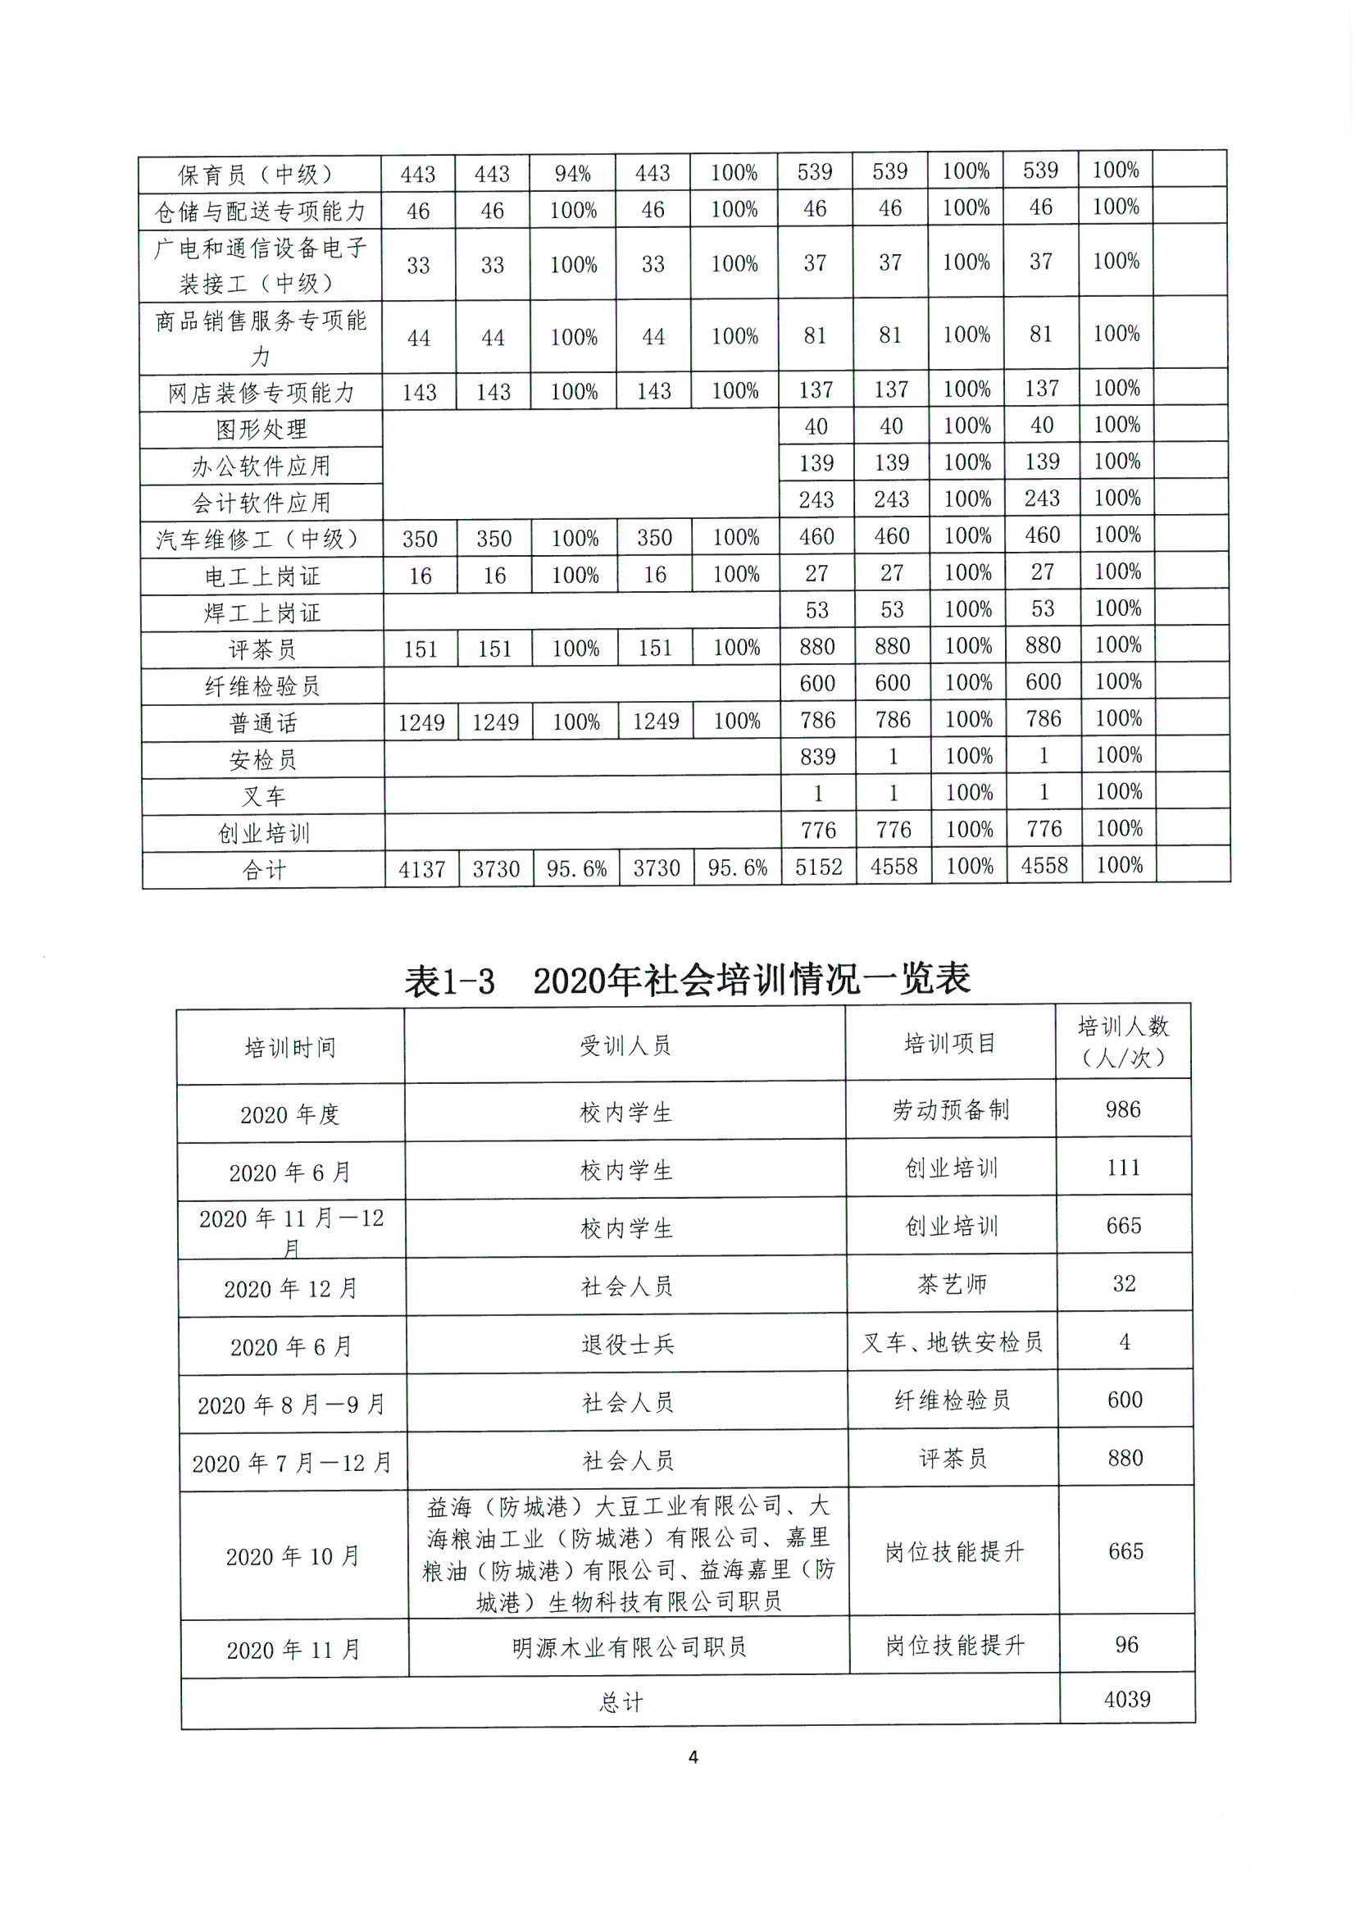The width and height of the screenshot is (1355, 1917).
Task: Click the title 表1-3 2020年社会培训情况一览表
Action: tap(686, 979)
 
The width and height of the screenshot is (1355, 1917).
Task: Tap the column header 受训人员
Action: tap(625, 1045)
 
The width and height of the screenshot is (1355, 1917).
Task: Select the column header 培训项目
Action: tap(950, 1043)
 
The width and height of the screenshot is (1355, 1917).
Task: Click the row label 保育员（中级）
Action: tap(260, 175)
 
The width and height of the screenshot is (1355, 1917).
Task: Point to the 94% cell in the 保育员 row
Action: tap(573, 174)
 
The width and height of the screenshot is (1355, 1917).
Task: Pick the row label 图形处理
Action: tap(261, 429)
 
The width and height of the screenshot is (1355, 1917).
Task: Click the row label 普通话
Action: tap(263, 723)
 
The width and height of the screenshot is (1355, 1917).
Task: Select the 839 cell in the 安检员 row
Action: tap(817, 757)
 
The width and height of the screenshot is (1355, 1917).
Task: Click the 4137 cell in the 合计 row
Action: tap(421, 870)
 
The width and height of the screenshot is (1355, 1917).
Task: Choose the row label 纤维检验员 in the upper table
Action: tap(262, 686)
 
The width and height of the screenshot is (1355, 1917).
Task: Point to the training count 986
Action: tap(1123, 1109)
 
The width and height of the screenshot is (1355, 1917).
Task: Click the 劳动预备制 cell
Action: tap(951, 1109)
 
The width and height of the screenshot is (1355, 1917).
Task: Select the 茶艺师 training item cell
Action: tap(952, 1284)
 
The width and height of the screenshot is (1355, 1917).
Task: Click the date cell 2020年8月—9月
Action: tap(291, 1405)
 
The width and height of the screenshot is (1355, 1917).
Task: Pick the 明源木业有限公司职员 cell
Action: tap(629, 1646)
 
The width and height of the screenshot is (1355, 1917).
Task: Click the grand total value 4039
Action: tap(1127, 1699)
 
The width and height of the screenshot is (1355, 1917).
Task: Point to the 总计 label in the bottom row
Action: tap(621, 1701)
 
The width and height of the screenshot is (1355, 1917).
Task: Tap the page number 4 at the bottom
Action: tap(693, 1756)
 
